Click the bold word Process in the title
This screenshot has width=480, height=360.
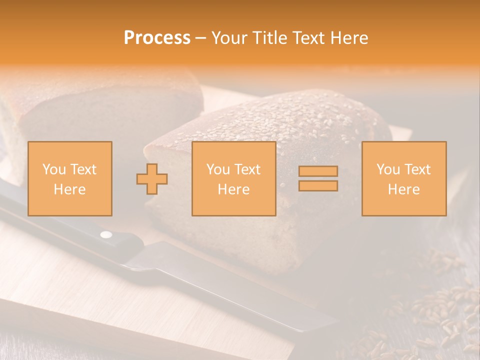[157, 38]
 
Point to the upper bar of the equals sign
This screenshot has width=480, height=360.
[318, 171]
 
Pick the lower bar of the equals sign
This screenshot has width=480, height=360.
[318, 185]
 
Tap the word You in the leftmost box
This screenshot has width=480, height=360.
[53, 169]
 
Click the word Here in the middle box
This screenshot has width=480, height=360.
[234, 189]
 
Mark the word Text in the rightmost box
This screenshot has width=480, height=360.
[416, 169]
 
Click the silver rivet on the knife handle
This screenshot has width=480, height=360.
[106, 234]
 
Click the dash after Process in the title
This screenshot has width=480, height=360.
[200, 38]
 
